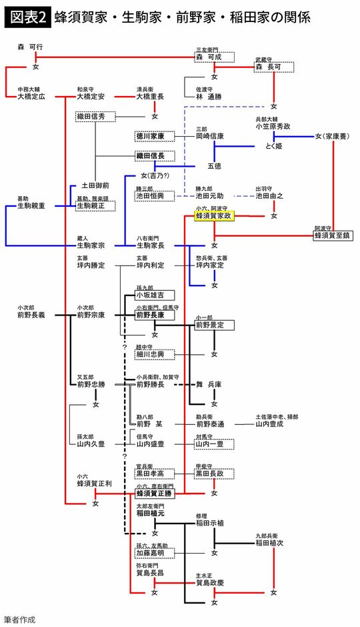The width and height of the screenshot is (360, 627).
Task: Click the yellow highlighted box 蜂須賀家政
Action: [213, 216]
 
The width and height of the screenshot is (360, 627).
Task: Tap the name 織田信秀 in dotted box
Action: [95, 117]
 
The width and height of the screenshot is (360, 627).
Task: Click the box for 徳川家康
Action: [154, 136]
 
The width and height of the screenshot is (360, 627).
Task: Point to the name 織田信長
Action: [154, 156]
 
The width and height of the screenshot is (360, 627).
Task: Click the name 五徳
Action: [213, 164]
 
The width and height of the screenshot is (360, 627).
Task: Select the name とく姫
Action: [274, 146]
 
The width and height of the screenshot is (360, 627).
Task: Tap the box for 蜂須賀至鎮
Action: [333, 235]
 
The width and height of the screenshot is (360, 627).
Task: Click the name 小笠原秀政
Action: [273, 126]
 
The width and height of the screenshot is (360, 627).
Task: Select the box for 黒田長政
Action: [213, 473]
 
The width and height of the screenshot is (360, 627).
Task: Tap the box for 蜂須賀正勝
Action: [154, 494]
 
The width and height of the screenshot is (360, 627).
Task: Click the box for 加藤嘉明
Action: [154, 553]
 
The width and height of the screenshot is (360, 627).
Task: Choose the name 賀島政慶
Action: [214, 582]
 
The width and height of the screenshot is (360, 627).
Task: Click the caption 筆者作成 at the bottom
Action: [20, 618]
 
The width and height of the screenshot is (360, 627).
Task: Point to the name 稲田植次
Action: [273, 543]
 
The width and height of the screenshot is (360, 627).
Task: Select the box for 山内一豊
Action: [213, 443]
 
